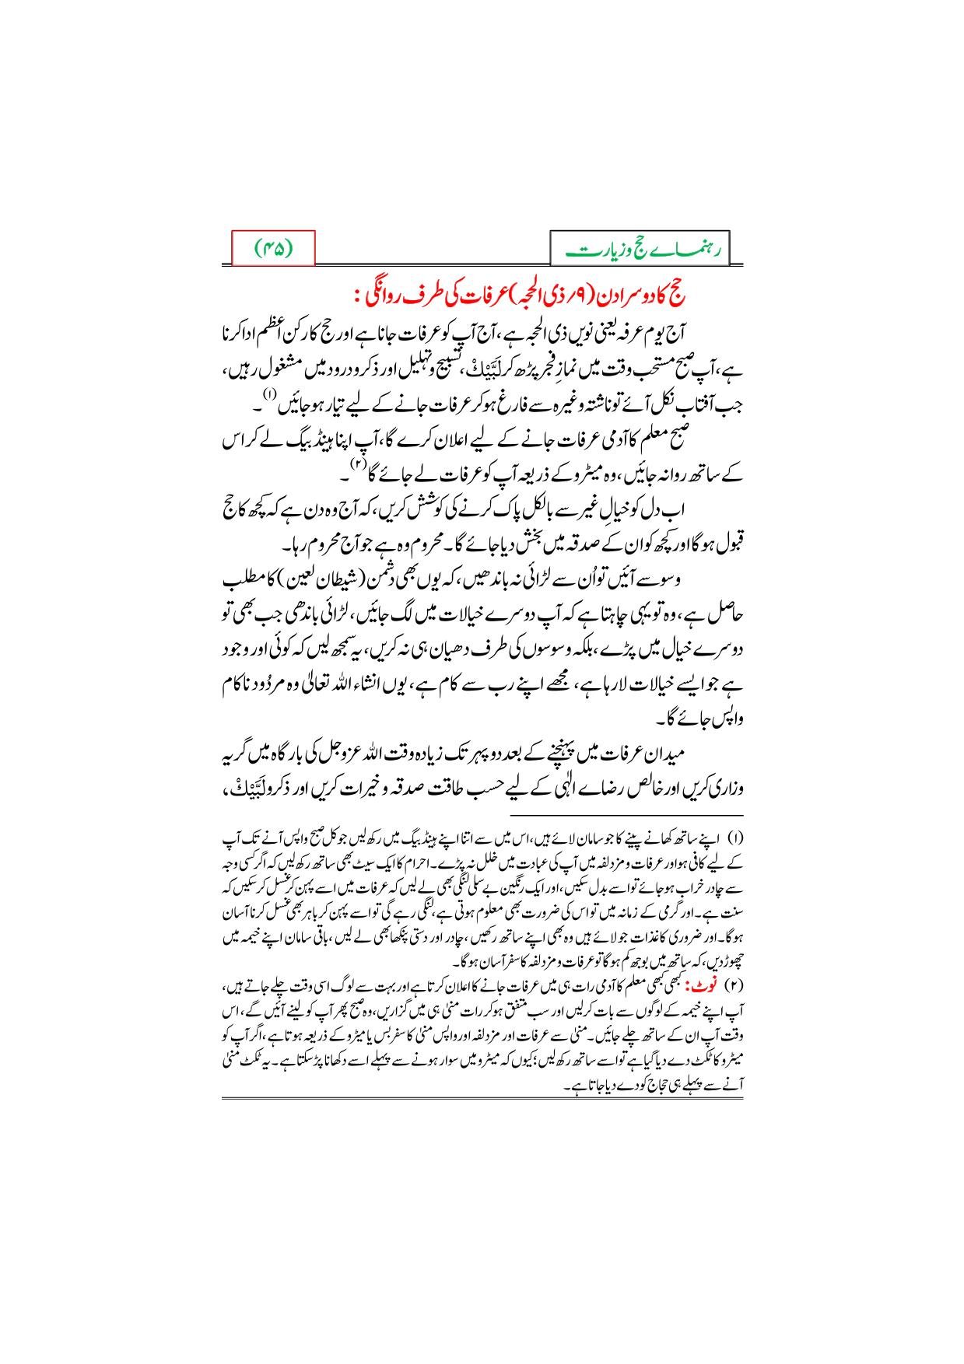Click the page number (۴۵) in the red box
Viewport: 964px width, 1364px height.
click(x=273, y=250)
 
